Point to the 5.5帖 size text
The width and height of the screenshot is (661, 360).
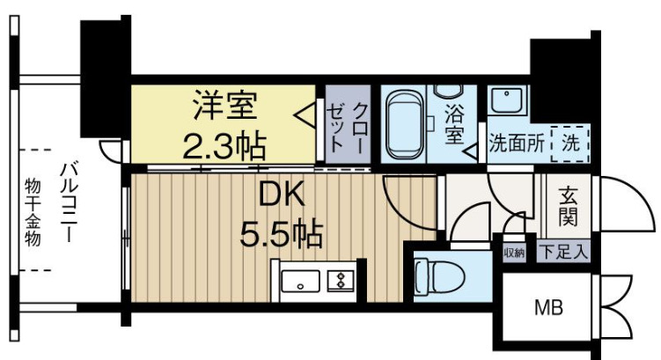click(x=281, y=234)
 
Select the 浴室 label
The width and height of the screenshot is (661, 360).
click(x=454, y=124)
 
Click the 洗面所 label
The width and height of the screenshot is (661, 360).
click(x=514, y=141)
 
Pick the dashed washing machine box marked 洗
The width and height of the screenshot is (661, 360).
click(x=570, y=141)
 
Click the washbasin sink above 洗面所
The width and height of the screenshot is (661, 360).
click(x=506, y=101)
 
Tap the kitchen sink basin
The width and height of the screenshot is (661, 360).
click(x=302, y=283)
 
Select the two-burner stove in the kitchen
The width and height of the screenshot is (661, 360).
click(x=338, y=283)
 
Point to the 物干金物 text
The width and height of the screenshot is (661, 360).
click(x=33, y=211)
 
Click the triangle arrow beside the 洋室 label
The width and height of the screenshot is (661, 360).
click(x=303, y=114)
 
